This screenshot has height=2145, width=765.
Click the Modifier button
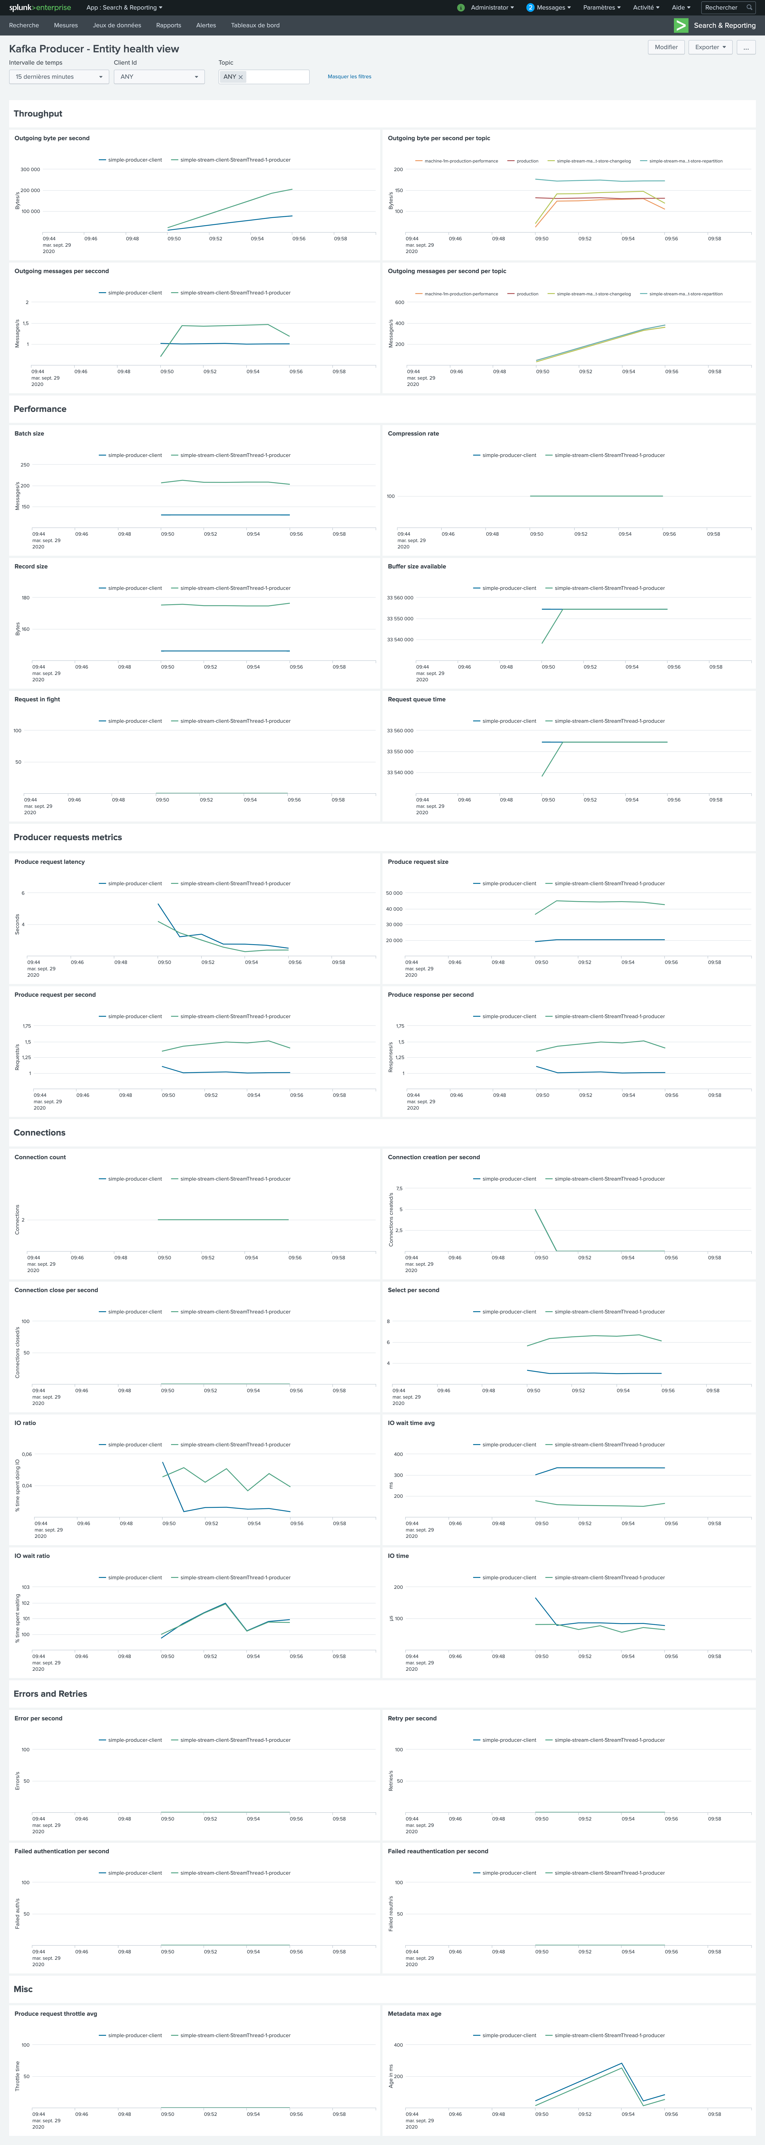[666, 48]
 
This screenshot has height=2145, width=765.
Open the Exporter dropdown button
[710, 48]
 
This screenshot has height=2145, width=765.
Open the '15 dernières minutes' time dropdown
[58, 77]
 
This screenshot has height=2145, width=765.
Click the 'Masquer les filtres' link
[349, 77]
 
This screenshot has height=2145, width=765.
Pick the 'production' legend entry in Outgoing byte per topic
[527, 161]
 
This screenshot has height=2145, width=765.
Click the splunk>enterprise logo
[40, 8]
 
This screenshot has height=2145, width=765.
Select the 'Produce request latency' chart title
[49, 862]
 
